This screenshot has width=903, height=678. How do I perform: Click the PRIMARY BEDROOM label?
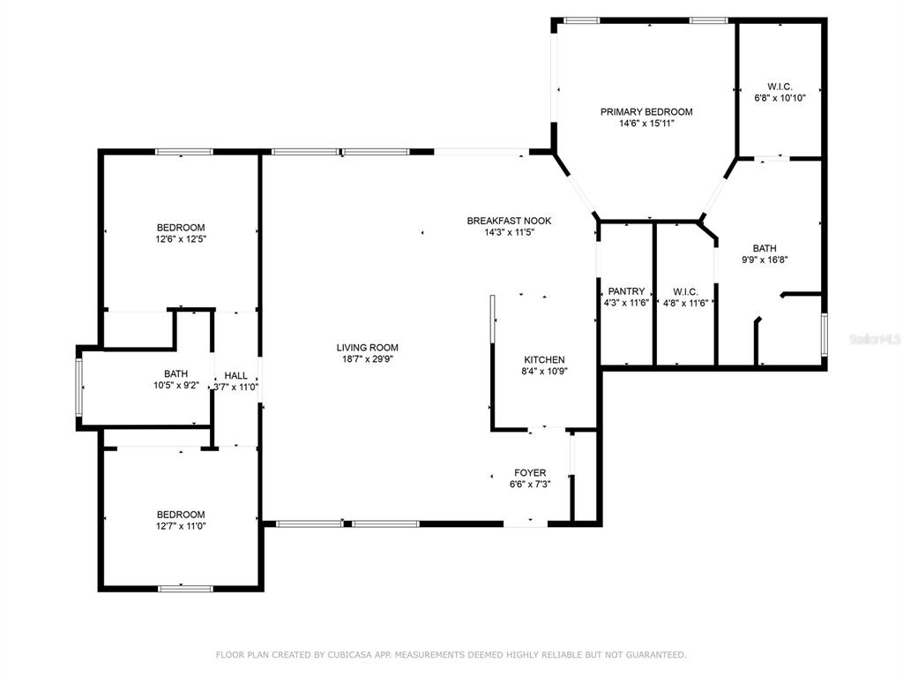(646, 112)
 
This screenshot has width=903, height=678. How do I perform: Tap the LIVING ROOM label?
(368, 348)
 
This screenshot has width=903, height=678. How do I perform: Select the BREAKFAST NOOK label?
(509, 221)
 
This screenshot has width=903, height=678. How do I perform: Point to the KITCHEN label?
(544, 360)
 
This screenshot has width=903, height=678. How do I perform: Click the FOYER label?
(530, 473)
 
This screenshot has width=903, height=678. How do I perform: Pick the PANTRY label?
(627, 291)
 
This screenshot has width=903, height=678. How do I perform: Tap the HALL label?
(236, 376)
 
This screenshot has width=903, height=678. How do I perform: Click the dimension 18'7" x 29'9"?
(368, 359)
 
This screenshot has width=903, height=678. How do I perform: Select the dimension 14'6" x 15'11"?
(646, 124)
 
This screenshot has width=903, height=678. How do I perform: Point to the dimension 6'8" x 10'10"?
(780, 98)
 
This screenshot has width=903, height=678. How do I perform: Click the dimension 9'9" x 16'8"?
(765, 260)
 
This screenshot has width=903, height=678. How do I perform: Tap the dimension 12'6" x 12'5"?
(181, 239)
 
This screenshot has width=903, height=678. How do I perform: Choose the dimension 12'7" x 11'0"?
(181, 526)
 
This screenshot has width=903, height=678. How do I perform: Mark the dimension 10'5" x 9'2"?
(175, 386)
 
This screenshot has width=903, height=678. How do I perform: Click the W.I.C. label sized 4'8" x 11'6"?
(685, 291)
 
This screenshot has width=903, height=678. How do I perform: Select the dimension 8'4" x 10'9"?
(544, 372)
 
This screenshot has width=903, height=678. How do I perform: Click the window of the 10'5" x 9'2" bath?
(79, 387)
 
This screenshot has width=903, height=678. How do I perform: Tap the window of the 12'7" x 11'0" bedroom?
(185, 589)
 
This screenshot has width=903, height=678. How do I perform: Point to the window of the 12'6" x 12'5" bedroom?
(184, 152)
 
